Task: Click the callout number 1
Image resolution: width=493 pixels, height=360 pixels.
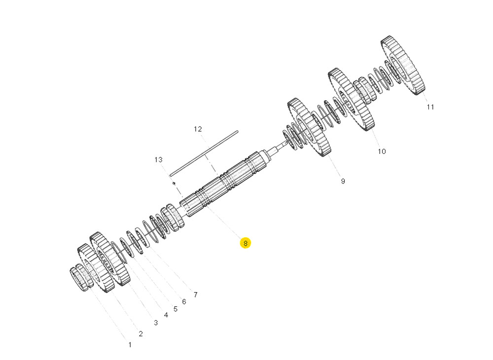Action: pyautogui.click(x=130, y=345)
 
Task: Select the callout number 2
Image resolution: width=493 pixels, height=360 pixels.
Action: pyautogui.click(x=141, y=334)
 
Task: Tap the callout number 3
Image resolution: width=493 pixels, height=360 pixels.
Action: pyautogui.click(x=156, y=323)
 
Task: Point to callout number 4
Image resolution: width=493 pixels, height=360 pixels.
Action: pyautogui.click(x=166, y=315)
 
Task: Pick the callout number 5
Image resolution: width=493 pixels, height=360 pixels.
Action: pyautogui.click(x=175, y=309)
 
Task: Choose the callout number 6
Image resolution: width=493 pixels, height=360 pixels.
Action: pyautogui.click(x=184, y=301)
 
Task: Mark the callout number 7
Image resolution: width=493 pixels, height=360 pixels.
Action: pyautogui.click(x=195, y=295)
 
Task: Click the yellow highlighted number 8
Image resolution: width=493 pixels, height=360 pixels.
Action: pyautogui.click(x=245, y=243)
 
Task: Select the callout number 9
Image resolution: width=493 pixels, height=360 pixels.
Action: pyautogui.click(x=343, y=181)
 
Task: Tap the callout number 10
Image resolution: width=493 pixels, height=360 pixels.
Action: pyautogui.click(x=382, y=151)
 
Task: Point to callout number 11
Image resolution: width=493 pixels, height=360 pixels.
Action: pyautogui.click(x=430, y=107)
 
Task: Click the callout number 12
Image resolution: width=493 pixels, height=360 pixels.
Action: pyautogui.click(x=198, y=129)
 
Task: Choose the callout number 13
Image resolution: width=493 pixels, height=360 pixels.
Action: pyautogui.click(x=158, y=160)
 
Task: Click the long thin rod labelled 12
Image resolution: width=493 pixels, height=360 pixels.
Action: pyautogui.click(x=204, y=152)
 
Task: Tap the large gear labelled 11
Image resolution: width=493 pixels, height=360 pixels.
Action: pyautogui.click(x=403, y=65)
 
